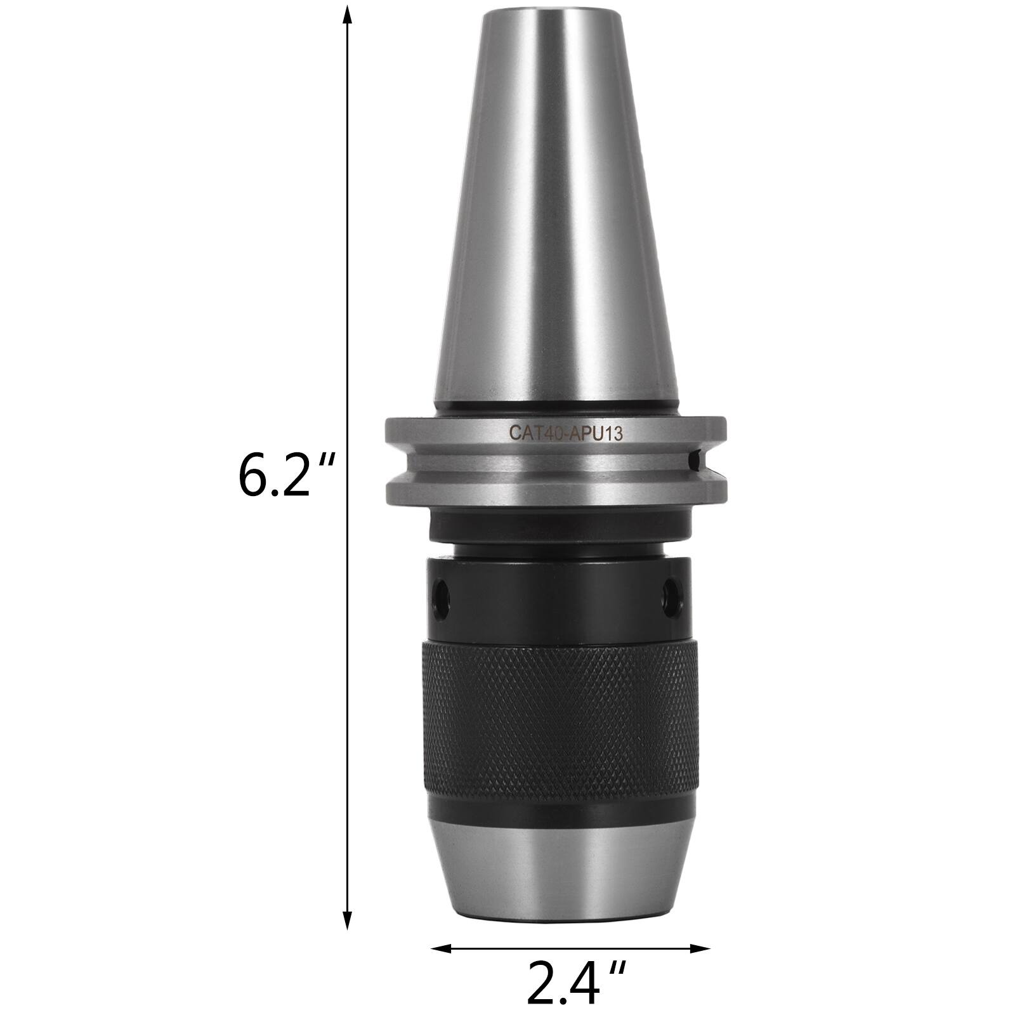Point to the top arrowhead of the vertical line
[x=347, y=14]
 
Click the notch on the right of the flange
[x=696, y=458]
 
